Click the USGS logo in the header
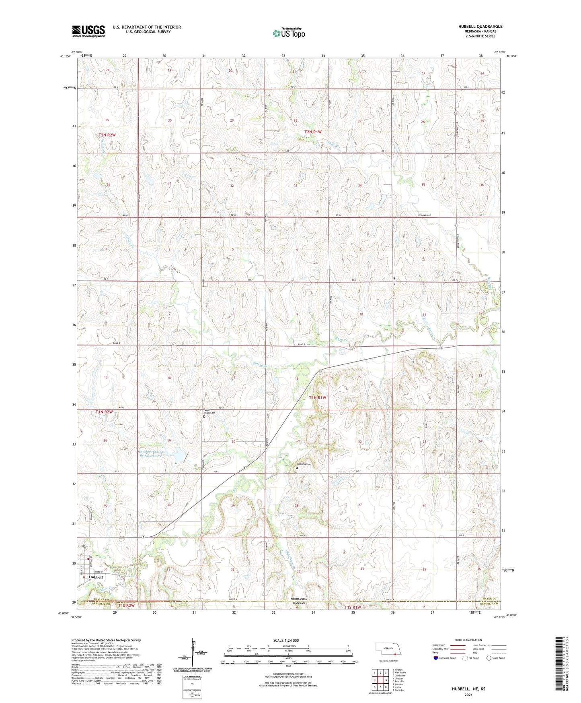click(88, 31)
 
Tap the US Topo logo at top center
click(289, 33)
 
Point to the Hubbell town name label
click(96, 577)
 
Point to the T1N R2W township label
click(104, 412)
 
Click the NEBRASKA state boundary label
click(298, 599)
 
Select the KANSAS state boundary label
click(298, 604)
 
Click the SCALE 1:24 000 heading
click(286, 641)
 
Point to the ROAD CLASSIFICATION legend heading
click(468, 640)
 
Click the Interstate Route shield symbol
click(436, 658)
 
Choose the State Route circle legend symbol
click(489, 658)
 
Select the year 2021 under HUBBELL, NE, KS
click(468, 695)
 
